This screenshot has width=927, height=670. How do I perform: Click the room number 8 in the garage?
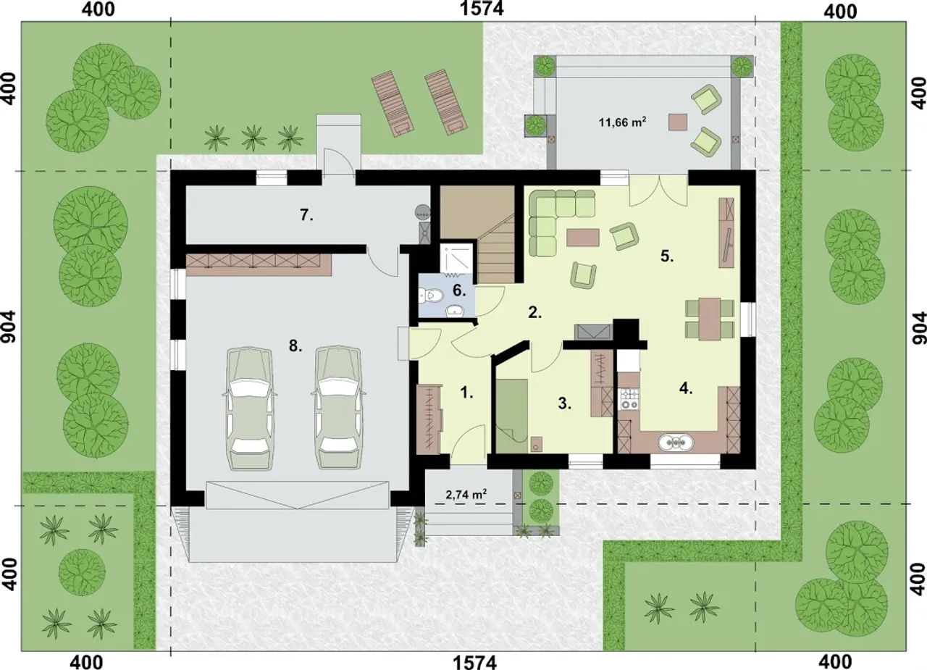coord(295,346)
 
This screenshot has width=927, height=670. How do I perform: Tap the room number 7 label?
coord(306,215)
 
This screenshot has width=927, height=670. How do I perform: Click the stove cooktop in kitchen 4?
coord(629,399)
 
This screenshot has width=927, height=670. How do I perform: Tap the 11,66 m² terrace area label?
coord(622,122)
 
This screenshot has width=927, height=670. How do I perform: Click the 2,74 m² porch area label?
coord(466,494)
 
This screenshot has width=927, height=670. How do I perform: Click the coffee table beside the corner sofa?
coord(583,238)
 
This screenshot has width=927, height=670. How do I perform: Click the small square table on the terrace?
coord(679,122)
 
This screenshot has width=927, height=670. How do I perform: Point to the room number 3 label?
coord(564,404)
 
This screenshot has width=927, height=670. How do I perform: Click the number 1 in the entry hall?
coord(466,393)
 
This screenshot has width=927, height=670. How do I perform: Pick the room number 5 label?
coord(667,256)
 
